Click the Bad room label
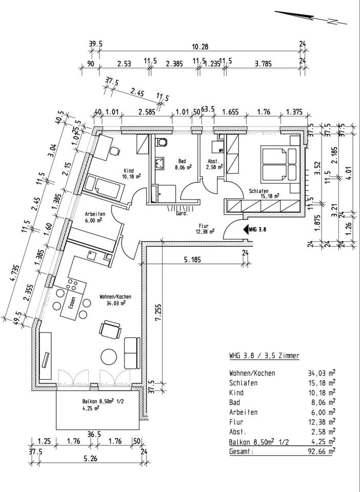182,160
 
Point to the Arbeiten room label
95,214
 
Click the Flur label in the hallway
203,225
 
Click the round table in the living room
109,356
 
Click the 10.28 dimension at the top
200,47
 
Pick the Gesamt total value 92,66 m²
319,451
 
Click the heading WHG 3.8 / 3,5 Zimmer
264,356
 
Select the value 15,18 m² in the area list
319,383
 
